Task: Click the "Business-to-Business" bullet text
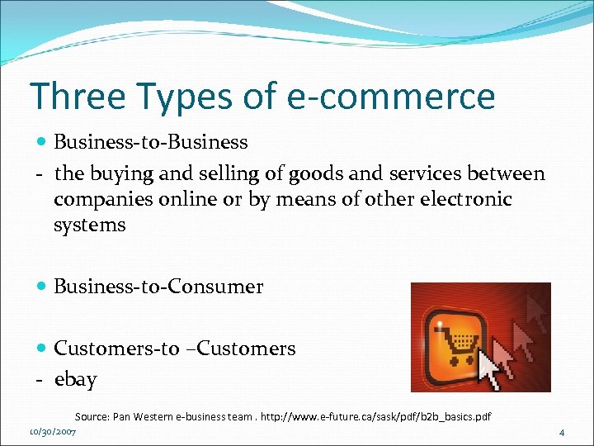(x=151, y=142)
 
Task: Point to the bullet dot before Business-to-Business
(x=43, y=142)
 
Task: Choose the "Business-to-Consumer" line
(x=158, y=287)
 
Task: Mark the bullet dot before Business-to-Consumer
(x=43, y=287)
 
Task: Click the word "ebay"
(x=76, y=380)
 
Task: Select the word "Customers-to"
(x=116, y=349)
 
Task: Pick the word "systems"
(x=90, y=225)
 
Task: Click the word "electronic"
(x=465, y=200)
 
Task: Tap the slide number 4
(x=562, y=432)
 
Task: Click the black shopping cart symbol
(x=460, y=340)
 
